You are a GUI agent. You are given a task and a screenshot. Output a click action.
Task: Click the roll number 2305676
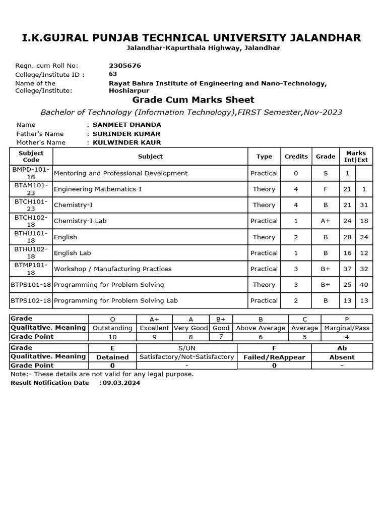click(125, 66)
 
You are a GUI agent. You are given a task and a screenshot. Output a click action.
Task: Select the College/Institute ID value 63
click(113, 74)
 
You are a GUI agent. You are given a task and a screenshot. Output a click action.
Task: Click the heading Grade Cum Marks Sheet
click(193, 100)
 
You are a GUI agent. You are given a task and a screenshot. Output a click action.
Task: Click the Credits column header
click(296, 157)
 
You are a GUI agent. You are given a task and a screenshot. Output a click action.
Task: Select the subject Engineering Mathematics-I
click(97, 189)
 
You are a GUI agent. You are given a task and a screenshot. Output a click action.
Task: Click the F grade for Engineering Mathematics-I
click(326, 189)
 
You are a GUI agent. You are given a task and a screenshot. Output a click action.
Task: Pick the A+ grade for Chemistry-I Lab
click(326, 221)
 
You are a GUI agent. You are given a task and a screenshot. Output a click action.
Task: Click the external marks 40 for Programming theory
click(363, 285)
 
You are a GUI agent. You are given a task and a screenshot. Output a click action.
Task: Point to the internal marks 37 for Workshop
click(347, 269)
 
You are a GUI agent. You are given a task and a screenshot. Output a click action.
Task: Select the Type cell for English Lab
click(264, 253)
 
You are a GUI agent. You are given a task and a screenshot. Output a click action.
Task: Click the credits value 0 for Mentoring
click(296, 173)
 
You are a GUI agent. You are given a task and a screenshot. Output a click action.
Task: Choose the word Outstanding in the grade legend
click(112, 328)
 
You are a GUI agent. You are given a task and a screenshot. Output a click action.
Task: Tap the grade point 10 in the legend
click(112, 337)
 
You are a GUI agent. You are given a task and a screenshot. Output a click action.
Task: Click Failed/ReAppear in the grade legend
click(274, 357)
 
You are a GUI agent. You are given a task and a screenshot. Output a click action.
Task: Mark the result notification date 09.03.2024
click(121, 383)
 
